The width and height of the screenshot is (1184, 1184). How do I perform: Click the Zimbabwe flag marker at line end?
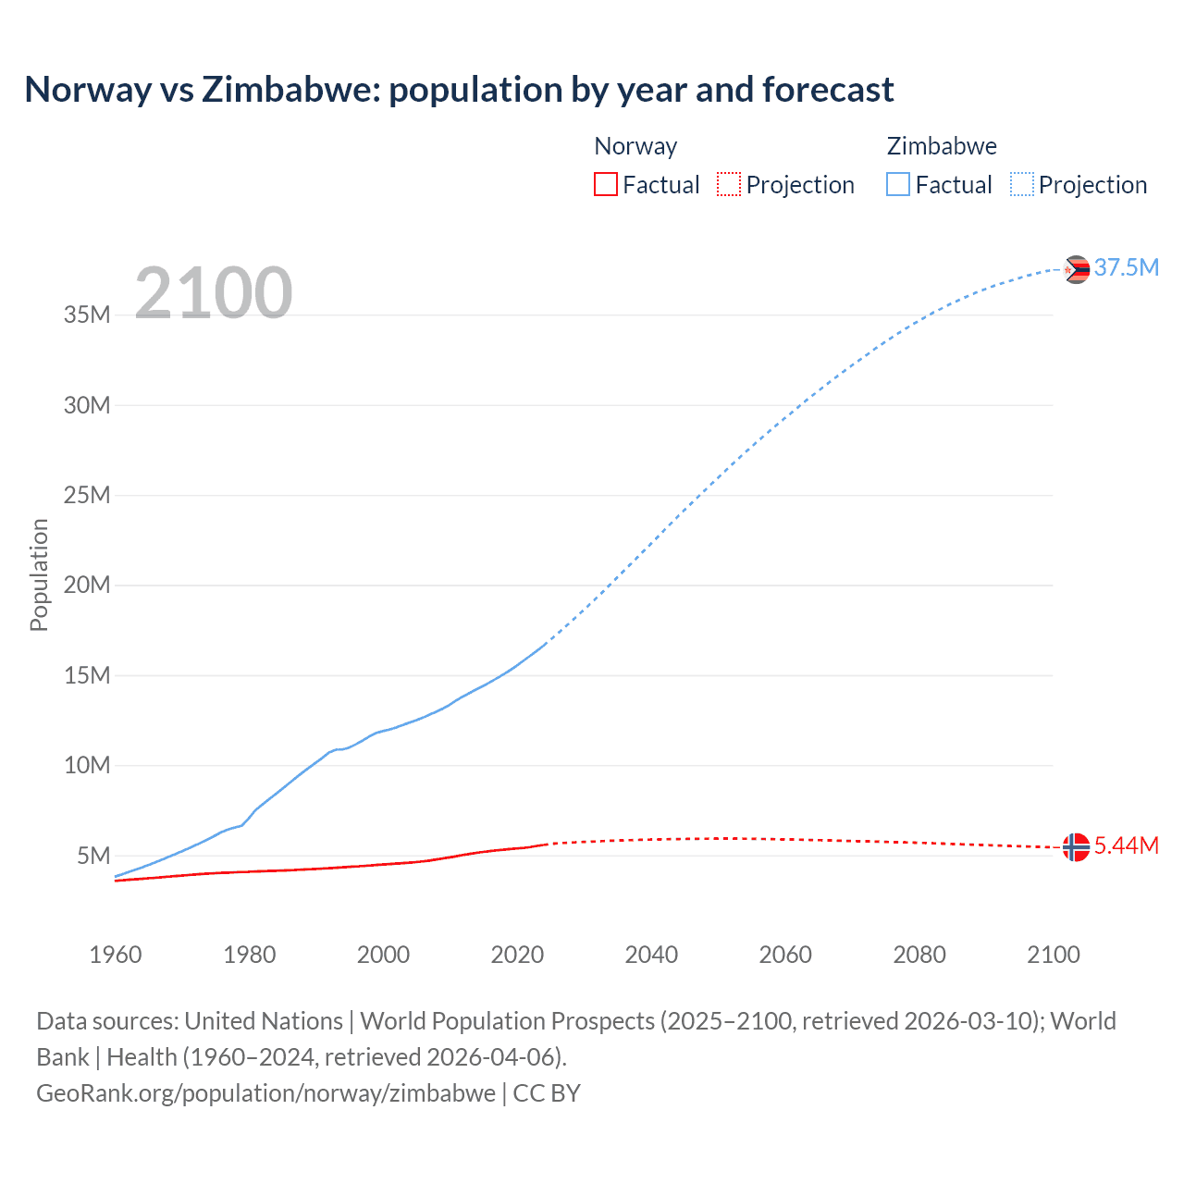tap(1076, 269)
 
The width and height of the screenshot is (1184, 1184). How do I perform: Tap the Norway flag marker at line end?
tap(1076, 846)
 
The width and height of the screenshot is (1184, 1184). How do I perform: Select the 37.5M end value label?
tap(1126, 267)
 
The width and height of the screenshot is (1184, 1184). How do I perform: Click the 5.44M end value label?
tap(1126, 845)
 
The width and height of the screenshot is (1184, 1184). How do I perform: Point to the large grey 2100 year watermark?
tap(214, 293)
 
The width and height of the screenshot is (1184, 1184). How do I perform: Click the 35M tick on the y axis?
tap(87, 314)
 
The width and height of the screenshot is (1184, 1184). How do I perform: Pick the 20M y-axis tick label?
tap(87, 585)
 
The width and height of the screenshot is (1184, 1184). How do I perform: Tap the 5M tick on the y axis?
tap(93, 856)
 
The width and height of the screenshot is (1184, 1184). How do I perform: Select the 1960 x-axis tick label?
tap(116, 955)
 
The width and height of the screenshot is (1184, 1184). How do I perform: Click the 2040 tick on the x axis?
tap(651, 955)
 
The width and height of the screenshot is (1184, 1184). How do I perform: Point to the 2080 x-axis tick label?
tap(919, 955)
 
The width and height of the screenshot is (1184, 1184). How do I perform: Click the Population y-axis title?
tap(39, 574)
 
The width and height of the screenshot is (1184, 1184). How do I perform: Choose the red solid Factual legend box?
tap(605, 184)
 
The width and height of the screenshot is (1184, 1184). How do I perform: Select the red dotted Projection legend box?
tap(729, 184)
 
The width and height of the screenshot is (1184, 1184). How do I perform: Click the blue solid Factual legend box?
tap(897, 184)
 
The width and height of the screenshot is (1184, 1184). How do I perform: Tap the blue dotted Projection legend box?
tap(1021, 184)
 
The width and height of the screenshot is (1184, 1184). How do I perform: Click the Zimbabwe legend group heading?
tap(942, 146)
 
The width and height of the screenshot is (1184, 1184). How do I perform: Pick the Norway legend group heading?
tap(635, 146)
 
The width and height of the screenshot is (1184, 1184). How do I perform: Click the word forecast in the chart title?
tap(828, 90)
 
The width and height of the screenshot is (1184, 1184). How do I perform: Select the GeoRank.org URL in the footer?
tap(265, 1092)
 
